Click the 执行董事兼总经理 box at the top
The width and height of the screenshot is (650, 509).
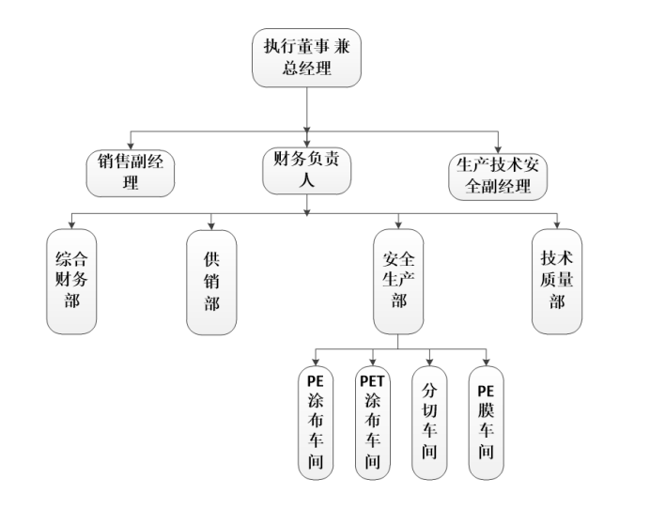307,57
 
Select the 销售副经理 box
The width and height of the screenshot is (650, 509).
131,172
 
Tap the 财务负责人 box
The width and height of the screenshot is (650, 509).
307,170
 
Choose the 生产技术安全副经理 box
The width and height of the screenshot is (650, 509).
498,172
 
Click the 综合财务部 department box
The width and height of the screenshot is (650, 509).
71,282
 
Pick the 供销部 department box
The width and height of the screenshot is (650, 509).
211,282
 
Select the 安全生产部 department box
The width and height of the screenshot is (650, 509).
398,282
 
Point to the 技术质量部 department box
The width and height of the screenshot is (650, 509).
557,282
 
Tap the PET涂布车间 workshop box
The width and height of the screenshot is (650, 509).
372,424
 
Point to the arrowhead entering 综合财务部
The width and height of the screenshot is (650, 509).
71,225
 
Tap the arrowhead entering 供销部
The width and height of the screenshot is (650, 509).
211,225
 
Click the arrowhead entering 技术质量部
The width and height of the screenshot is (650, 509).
557,225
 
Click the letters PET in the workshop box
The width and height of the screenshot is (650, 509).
372,381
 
